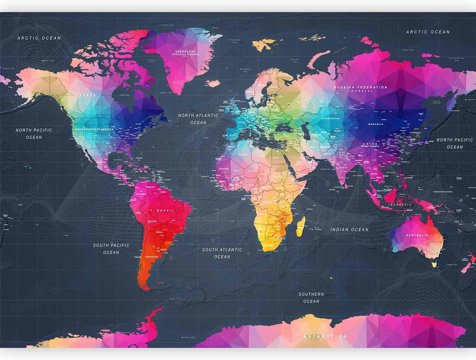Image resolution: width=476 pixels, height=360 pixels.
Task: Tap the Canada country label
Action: point(86,95)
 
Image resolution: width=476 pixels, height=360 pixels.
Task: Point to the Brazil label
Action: point(165,210)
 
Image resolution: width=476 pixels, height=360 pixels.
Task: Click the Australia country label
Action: point(417,235)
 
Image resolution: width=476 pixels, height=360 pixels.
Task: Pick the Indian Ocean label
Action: point(350,229)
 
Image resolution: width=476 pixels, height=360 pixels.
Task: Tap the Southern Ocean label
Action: point(311,298)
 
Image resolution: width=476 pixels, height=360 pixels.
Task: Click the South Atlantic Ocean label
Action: point(222,253)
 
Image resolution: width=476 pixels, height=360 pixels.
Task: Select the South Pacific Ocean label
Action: point(111,249)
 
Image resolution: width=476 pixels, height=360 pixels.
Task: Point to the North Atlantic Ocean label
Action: point(198,119)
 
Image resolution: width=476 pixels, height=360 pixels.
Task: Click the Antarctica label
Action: point(325,337)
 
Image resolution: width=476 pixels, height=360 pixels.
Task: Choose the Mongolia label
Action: point(376,124)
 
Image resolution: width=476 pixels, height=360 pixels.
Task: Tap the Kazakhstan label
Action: point(331,118)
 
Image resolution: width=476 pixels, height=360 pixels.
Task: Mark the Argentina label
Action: point(152,257)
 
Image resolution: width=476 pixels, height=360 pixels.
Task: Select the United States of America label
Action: point(94,130)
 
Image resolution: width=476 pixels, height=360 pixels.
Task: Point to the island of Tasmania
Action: point(434,264)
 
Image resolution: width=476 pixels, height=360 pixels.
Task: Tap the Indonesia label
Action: point(400,205)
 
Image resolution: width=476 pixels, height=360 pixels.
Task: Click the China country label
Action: point(370,144)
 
